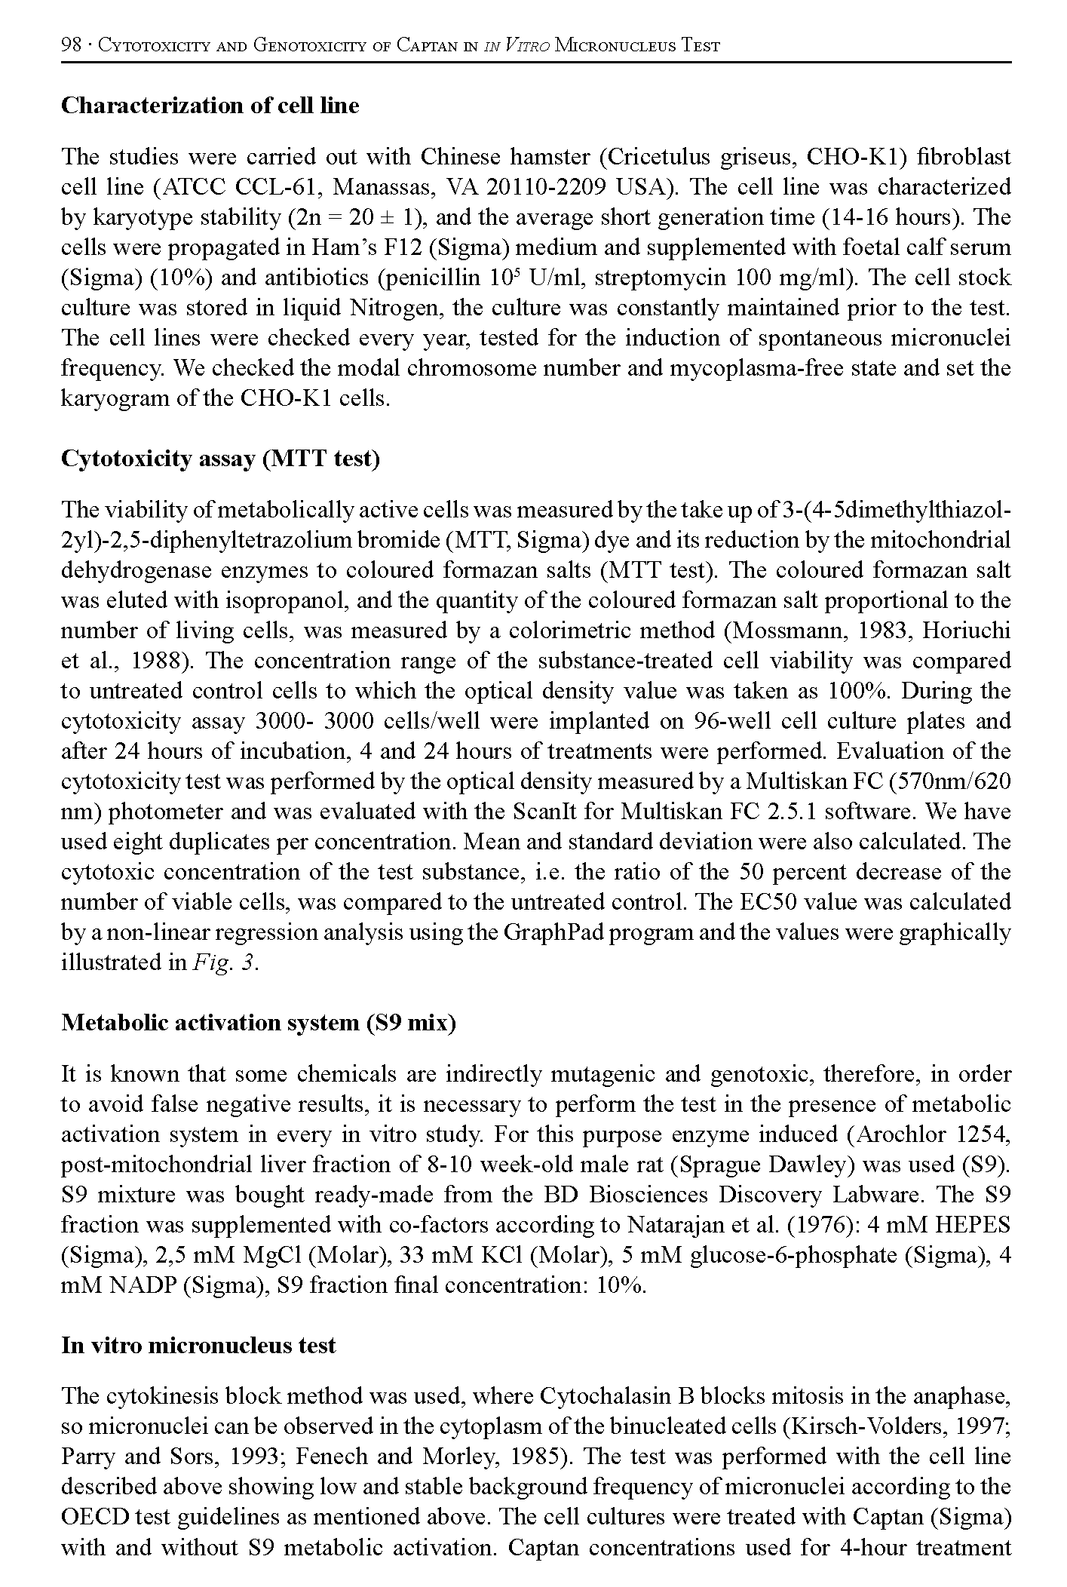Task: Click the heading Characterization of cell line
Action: pos(210,106)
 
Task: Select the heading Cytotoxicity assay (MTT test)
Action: pos(219,459)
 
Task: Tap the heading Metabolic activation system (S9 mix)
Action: pos(258,1023)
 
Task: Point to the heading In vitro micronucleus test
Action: pos(198,1346)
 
